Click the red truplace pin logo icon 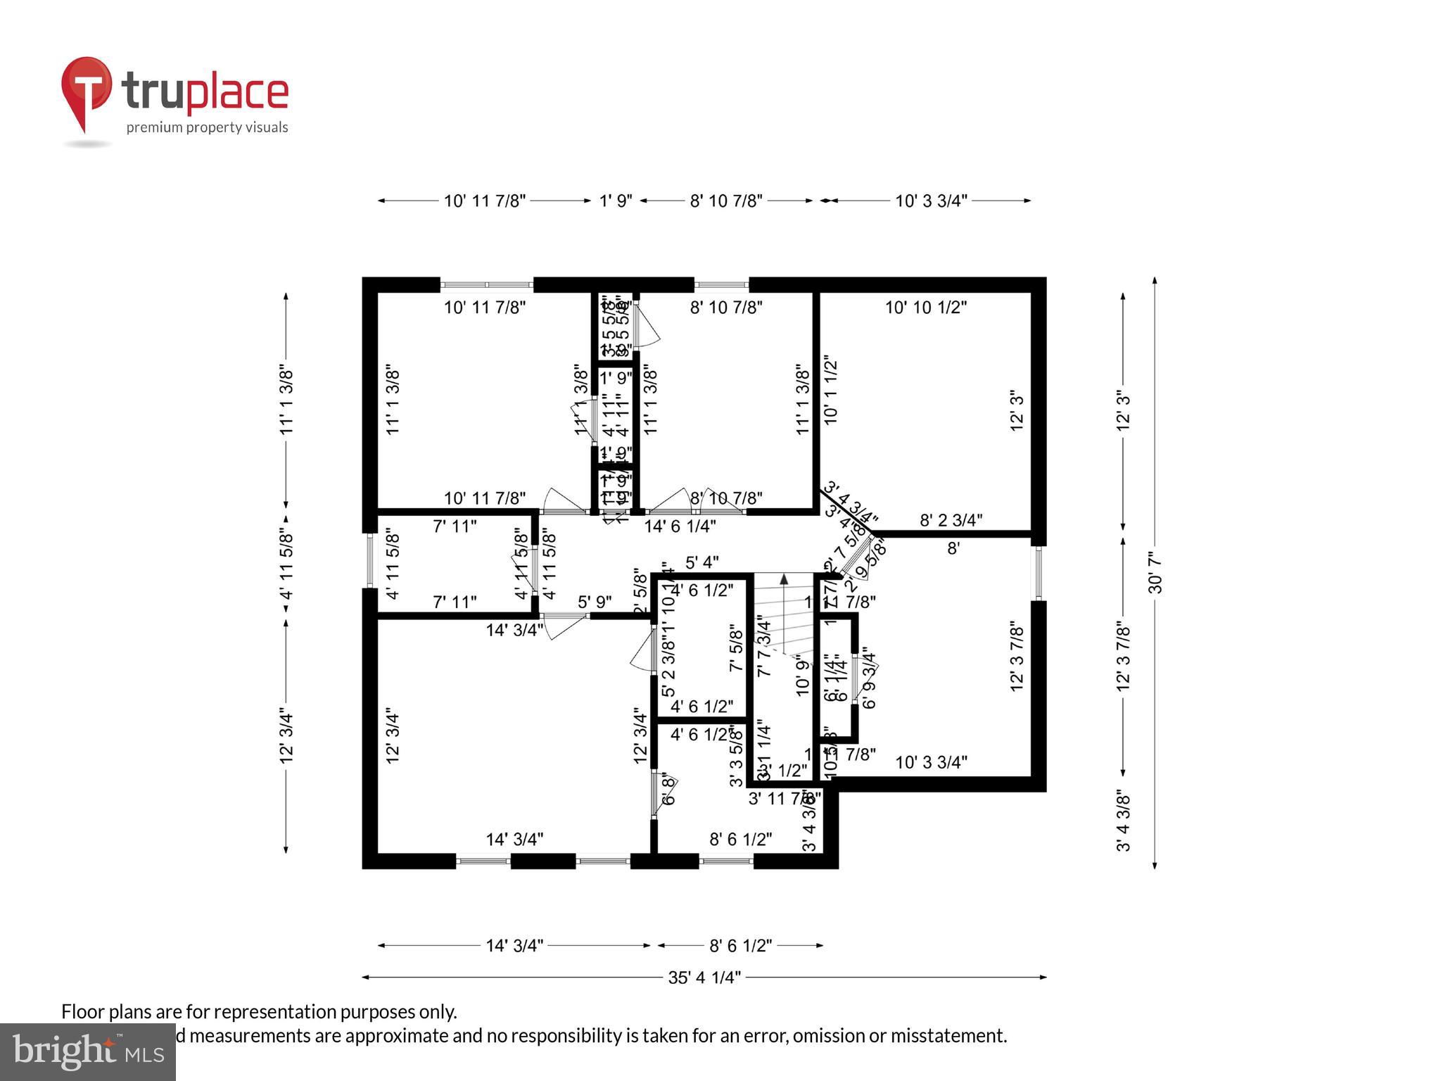[86, 91]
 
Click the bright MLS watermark [87, 1051]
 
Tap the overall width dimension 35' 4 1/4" [704, 978]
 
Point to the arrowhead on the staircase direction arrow [783, 579]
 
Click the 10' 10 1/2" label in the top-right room [925, 307]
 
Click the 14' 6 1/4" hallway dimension [680, 526]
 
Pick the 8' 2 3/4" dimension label [951, 520]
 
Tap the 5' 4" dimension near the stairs [702, 562]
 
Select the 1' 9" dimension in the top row [616, 201]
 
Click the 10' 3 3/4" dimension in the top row [931, 201]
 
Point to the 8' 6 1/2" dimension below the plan [740, 945]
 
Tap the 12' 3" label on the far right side [1124, 410]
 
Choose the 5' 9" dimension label [595, 602]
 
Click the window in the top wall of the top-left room [486, 285]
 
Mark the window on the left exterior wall [370, 560]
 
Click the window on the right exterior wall [1039, 573]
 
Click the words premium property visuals [207, 127]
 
